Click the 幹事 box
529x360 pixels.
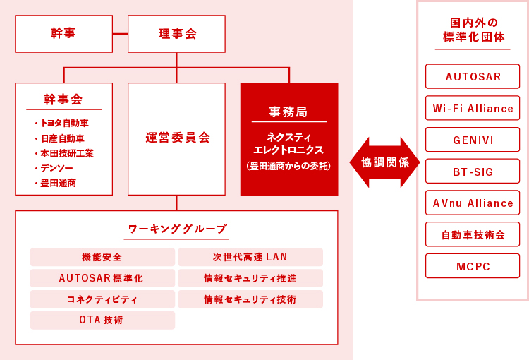(63, 34)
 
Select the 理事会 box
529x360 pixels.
(176, 34)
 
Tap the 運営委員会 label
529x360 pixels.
(178, 138)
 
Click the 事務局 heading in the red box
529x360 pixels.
(288, 112)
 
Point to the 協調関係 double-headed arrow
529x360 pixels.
(384, 162)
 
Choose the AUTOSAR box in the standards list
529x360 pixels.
(473, 76)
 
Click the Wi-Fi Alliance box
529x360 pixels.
(473, 108)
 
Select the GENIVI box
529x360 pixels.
(473, 140)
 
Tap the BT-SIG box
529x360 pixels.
(473, 172)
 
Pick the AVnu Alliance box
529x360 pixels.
(473, 203)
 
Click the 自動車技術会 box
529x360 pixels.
(473, 234)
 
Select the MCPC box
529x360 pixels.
(473, 266)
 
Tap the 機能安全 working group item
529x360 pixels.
(102, 257)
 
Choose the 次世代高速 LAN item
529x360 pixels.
(250, 257)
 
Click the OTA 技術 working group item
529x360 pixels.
(102, 320)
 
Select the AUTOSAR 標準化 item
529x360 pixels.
(102, 278)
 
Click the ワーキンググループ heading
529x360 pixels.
(177, 229)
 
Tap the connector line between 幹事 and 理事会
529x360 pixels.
(120, 34)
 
